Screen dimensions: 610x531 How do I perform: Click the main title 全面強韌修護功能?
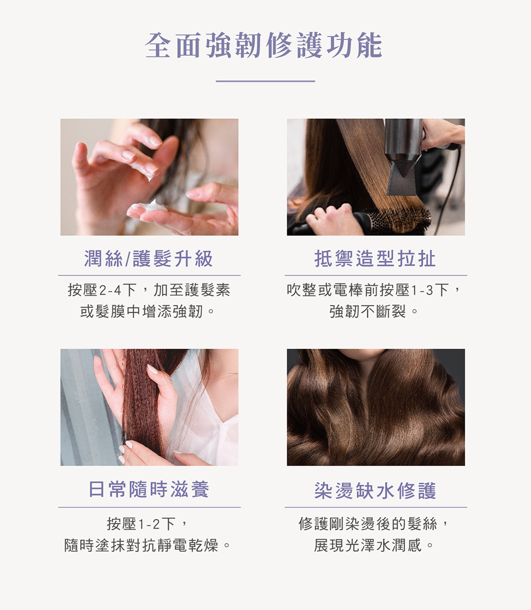coord(264,46)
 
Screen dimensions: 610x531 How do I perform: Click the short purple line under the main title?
coord(265,81)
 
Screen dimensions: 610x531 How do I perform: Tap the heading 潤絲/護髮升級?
coord(149,259)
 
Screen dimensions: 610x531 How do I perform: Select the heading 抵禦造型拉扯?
coord(375,259)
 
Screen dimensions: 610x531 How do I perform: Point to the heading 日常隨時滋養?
coord(149,489)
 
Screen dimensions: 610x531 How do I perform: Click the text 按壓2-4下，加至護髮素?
coord(149,290)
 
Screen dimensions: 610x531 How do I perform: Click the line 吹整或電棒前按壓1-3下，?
coord(375,290)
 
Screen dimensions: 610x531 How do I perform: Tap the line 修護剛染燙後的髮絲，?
coord(375,524)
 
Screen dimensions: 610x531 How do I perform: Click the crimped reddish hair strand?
coord(141,403)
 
